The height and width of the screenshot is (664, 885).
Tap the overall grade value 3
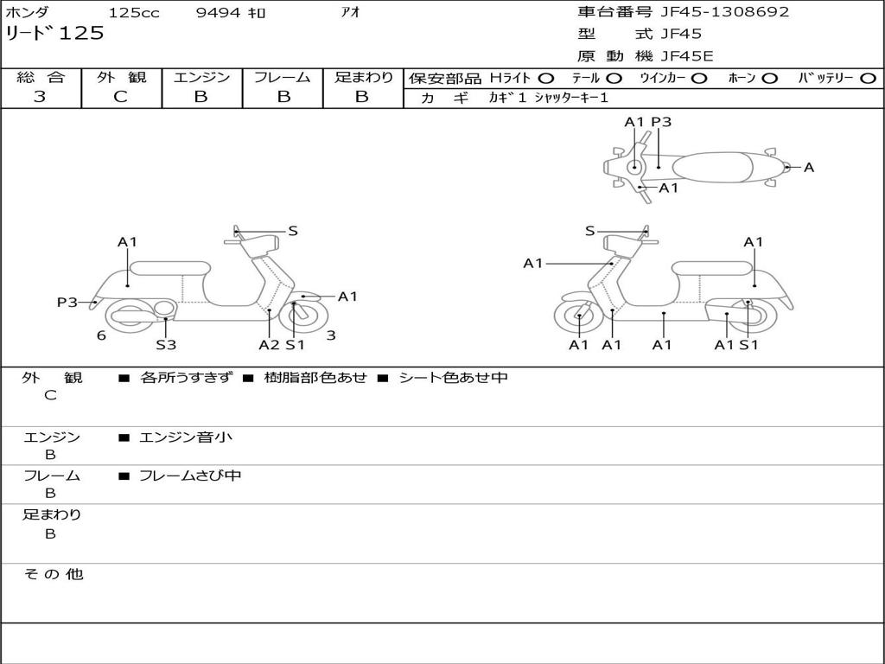40,97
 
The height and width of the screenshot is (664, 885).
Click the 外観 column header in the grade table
121,78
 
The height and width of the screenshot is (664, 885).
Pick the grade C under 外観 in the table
120,97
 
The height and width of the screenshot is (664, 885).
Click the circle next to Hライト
546,78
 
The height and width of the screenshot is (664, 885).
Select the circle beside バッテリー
868,78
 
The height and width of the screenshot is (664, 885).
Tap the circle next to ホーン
769,78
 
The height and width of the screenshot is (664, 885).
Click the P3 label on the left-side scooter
67,302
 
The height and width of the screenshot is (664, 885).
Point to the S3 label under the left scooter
166,344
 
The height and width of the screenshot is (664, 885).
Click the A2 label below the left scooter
270,344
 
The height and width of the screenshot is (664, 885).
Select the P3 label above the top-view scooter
661,122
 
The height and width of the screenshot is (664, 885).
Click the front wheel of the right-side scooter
578,317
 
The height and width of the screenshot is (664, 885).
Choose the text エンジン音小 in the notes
186,437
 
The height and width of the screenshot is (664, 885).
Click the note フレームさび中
190,476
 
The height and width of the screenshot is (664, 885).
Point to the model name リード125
54,33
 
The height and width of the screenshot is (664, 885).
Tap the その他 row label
53,574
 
